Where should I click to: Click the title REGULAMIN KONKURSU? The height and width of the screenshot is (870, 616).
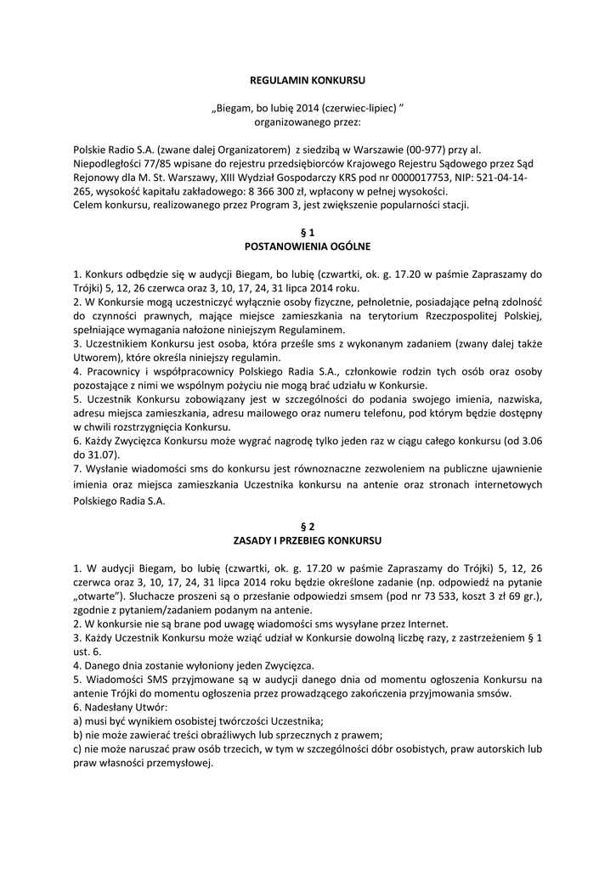pos(308,80)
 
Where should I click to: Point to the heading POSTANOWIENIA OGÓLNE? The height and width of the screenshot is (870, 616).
pos(308,246)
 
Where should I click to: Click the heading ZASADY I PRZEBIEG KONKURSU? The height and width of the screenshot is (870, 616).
pos(308,540)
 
